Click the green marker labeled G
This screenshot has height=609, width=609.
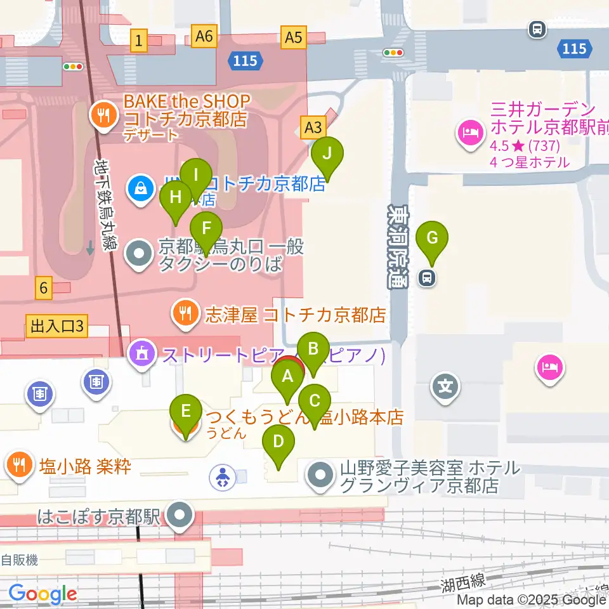pyautogui.click(x=432, y=239)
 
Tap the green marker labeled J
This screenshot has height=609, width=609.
pyautogui.click(x=327, y=154)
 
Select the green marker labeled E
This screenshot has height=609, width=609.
pyautogui.click(x=185, y=411)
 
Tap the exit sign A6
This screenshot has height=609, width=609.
pyautogui.click(x=204, y=37)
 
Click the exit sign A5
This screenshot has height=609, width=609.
pyautogui.click(x=293, y=37)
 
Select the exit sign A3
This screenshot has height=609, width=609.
pyautogui.click(x=313, y=128)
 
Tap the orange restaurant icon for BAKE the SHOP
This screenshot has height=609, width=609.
pyautogui.click(x=101, y=114)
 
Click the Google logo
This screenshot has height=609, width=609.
pyautogui.click(x=42, y=594)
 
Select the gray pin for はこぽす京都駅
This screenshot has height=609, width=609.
pyautogui.click(x=181, y=515)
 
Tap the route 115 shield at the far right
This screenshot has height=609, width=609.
pyautogui.click(x=575, y=48)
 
